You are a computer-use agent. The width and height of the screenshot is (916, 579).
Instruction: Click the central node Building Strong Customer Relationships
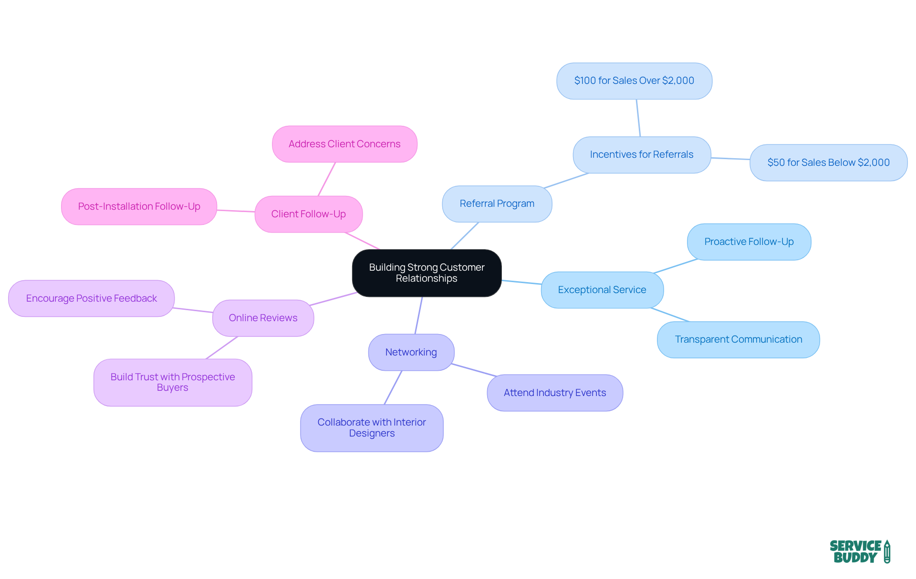427,273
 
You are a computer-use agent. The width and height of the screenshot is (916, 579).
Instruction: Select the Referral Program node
497,203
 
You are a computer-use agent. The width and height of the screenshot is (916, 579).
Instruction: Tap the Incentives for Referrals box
641,154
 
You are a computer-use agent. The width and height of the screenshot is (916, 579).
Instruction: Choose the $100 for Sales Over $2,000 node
634,81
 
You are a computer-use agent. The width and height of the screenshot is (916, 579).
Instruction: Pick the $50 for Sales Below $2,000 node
828,163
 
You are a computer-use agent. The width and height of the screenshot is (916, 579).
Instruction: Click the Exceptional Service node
602,290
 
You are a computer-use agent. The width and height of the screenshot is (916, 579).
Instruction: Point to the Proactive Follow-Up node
749,242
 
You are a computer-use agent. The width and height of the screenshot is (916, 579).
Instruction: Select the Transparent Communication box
738,339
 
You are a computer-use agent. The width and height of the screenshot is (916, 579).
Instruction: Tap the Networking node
411,352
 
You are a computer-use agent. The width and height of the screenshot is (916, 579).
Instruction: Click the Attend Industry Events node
554,393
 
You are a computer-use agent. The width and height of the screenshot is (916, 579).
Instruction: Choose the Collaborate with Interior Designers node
372,427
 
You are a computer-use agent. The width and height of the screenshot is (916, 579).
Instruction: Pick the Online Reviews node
263,318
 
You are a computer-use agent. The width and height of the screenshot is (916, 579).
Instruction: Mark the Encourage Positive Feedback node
91,298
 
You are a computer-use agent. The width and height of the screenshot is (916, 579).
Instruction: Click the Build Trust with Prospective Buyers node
173,382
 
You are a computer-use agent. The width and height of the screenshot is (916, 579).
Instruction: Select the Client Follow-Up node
308,214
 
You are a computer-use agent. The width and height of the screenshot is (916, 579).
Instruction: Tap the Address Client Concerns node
344,144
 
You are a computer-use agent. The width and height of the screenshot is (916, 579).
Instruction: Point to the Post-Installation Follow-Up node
139,206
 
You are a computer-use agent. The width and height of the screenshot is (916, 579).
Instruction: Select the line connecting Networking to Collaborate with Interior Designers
393,387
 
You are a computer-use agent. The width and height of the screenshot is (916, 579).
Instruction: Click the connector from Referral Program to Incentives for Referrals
566,181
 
